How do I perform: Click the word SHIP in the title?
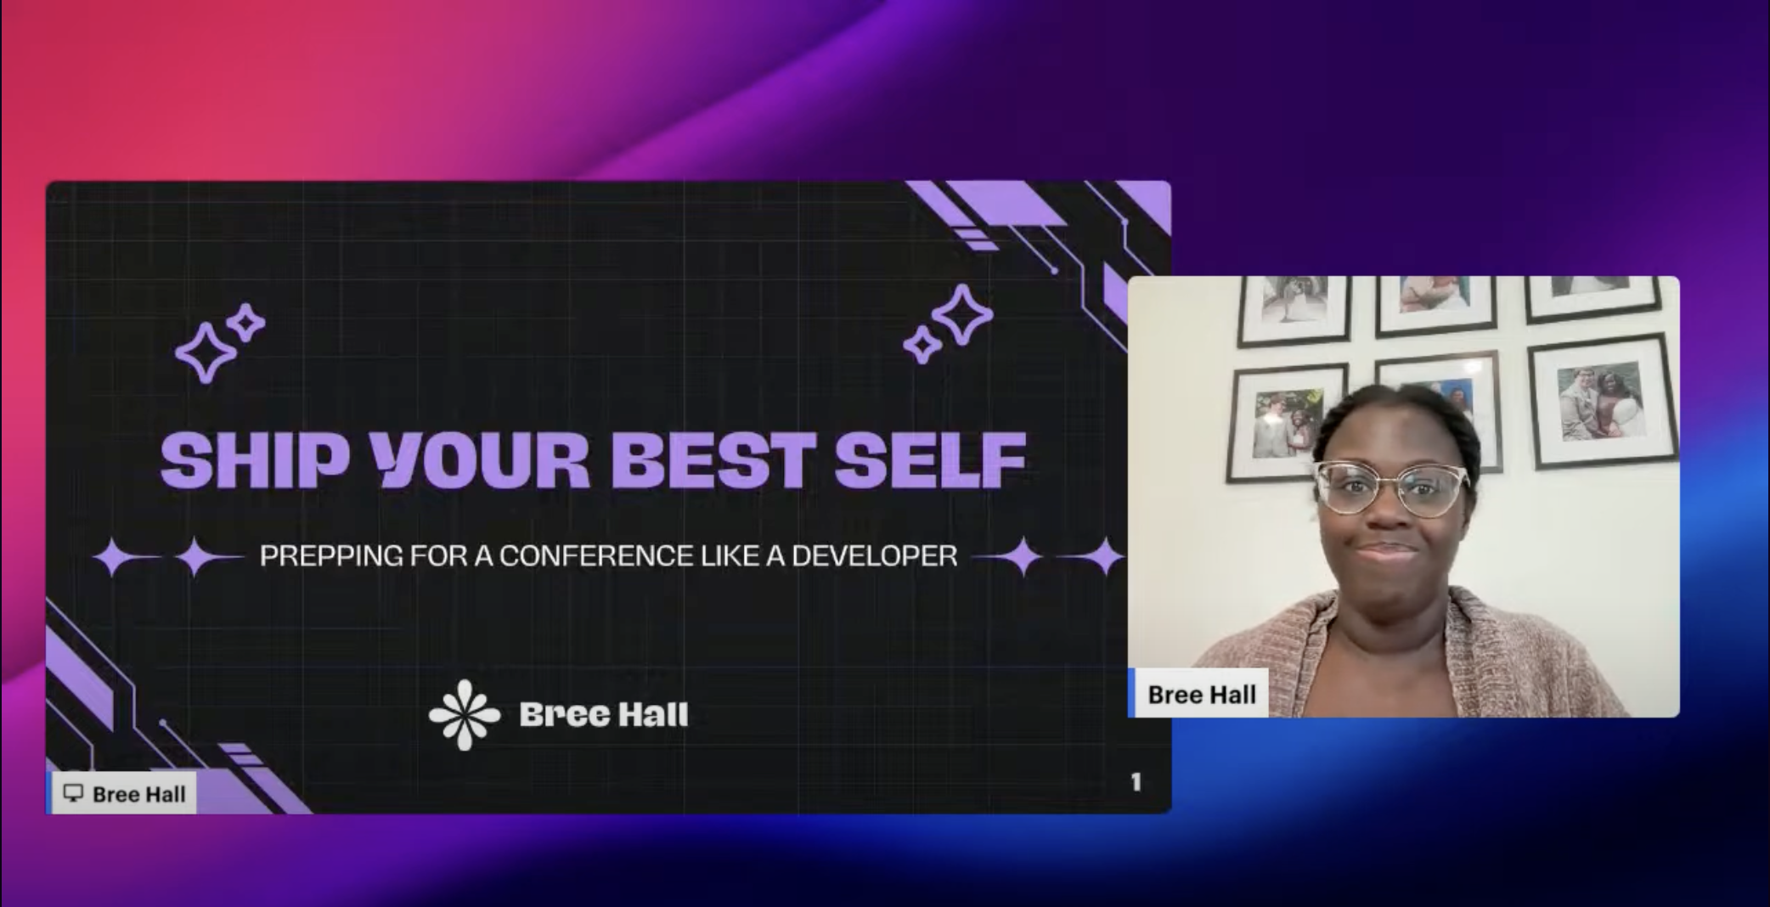click(255, 459)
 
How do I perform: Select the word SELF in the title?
click(930, 459)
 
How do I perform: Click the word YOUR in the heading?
click(482, 459)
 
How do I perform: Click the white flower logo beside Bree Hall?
click(465, 714)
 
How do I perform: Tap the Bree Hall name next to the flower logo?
click(604, 714)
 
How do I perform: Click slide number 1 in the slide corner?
click(1136, 781)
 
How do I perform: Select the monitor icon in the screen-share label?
click(74, 793)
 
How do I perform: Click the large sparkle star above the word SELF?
click(962, 315)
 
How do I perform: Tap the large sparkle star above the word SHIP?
click(205, 352)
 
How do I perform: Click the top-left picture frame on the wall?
click(1293, 309)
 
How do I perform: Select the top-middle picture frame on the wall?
click(1435, 304)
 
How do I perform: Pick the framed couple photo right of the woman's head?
click(1602, 402)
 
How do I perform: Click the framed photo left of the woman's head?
click(1286, 422)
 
